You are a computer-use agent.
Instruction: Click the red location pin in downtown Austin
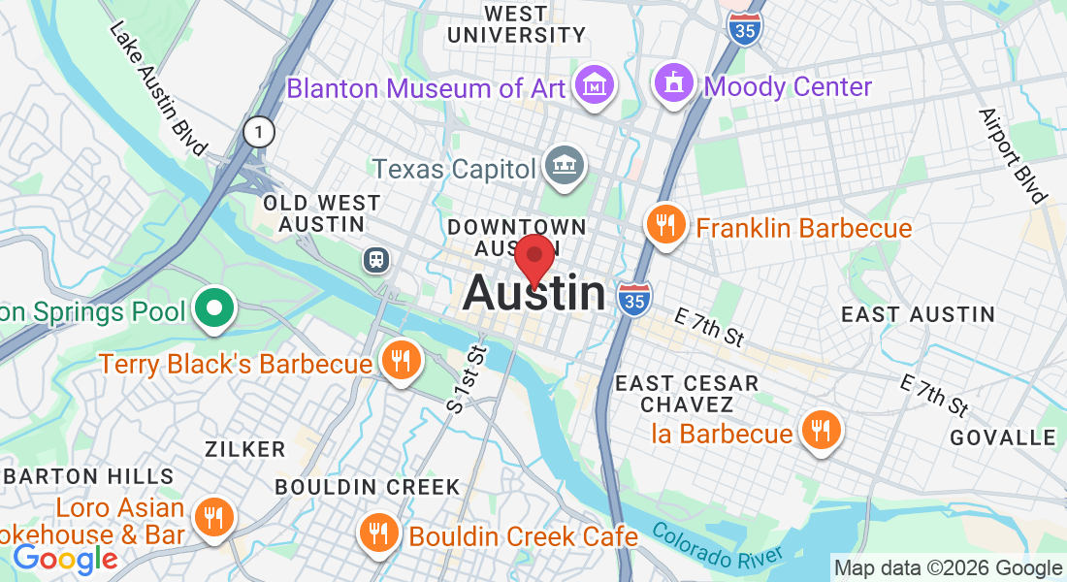tap(533, 258)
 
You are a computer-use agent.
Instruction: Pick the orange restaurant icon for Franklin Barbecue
tap(665, 226)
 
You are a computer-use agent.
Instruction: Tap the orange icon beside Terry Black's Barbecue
tap(400, 361)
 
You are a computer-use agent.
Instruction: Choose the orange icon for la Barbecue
tap(821, 431)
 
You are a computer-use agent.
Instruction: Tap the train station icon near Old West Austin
tap(374, 260)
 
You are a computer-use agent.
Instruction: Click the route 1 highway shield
tap(259, 132)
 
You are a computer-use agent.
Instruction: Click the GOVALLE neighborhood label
tap(1002, 437)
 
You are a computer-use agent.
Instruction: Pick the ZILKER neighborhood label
tap(245, 449)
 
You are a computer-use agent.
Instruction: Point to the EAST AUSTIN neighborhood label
tap(918, 314)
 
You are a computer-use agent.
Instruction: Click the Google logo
tap(65, 559)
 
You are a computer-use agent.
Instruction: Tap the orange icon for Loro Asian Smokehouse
tap(211, 517)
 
